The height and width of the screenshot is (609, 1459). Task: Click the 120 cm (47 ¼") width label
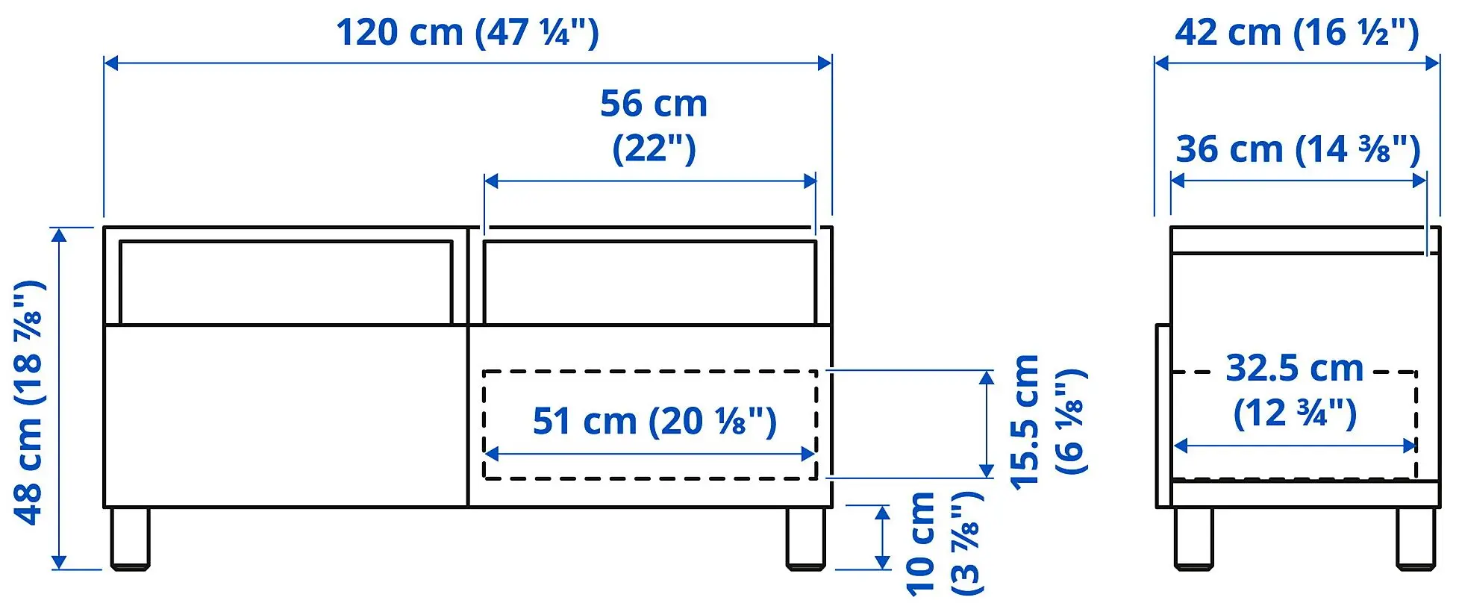pyautogui.click(x=467, y=33)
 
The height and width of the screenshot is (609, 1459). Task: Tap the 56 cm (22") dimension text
pyautogui.click(x=653, y=125)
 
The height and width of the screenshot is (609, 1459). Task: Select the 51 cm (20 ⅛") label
pyautogui.click(x=654, y=422)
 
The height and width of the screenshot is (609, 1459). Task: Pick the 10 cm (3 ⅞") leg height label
pyautogui.click(x=943, y=543)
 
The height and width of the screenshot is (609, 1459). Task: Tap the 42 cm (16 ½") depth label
pyautogui.click(x=1296, y=33)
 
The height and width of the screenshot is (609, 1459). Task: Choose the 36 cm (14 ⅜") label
pyautogui.click(x=1297, y=149)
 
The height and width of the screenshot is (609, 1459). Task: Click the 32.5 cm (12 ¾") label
pyautogui.click(x=1294, y=391)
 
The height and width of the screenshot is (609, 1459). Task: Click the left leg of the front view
pyautogui.click(x=130, y=538)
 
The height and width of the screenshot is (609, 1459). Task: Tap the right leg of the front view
pyautogui.click(x=805, y=538)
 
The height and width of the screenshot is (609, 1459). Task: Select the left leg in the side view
pyautogui.click(x=1193, y=538)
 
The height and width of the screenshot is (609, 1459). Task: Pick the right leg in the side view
pyautogui.click(x=1416, y=538)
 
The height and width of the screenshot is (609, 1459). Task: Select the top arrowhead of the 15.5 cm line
pyautogui.click(x=987, y=378)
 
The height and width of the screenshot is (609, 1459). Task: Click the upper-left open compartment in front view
pyautogui.click(x=285, y=282)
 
